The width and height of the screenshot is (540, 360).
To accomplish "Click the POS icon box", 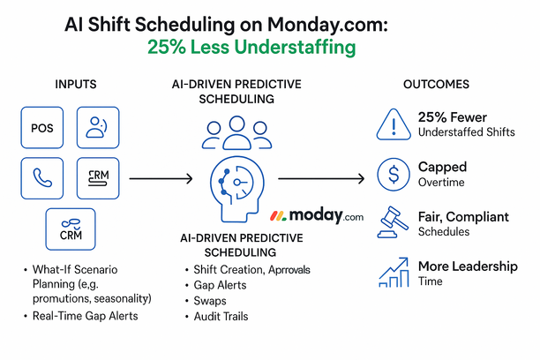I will click(41, 128).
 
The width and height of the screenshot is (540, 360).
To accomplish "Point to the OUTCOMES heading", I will click(438, 85).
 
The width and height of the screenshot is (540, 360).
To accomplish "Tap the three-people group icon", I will click(236, 133).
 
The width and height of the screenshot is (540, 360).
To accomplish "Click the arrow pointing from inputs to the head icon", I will click(161, 179).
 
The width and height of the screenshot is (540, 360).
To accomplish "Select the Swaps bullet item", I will click(211, 301).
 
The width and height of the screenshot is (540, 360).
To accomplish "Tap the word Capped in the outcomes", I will click(443, 166).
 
